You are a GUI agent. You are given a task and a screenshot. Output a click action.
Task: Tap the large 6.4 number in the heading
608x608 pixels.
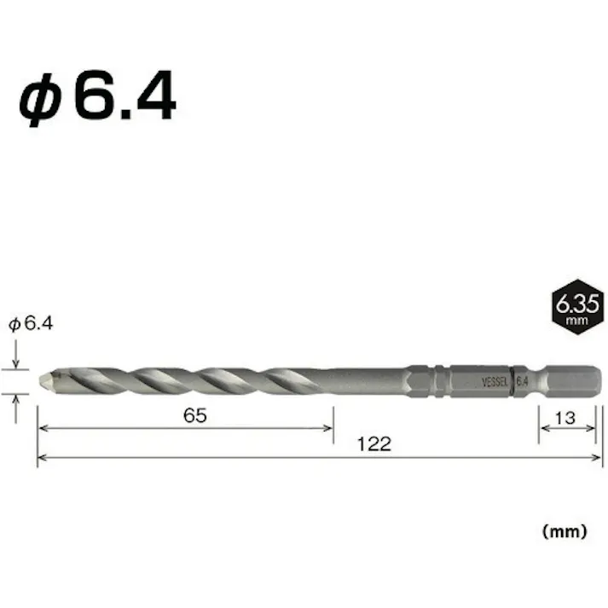(124, 99)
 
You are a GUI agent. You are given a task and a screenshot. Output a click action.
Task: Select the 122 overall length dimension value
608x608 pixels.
(373, 443)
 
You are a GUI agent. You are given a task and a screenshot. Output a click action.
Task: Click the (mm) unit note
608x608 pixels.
(565, 530)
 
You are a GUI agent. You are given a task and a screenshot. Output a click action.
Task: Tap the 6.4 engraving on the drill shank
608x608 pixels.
(522, 381)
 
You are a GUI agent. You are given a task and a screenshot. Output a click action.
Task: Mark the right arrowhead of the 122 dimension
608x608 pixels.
(598, 458)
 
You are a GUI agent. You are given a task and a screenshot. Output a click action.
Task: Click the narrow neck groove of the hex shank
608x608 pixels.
(541, 381)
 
